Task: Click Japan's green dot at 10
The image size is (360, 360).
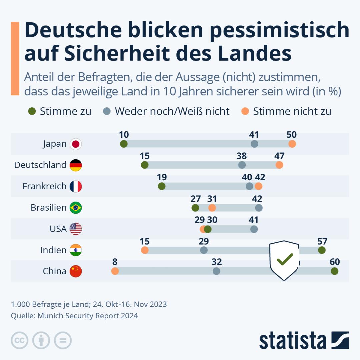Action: tap(124, 144)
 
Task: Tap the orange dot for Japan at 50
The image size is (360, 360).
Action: tap(292, 144)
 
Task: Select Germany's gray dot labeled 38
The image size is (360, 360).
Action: tap(242, 165)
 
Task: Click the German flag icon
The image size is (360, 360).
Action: tap(76, 165)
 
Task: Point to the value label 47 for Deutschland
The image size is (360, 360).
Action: tap(279, 156)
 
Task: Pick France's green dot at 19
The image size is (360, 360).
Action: tap(162, 186)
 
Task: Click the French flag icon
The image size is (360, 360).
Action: tap(76, 186)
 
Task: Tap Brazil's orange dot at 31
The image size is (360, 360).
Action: tap(212, 208)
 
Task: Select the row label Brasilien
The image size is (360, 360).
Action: tap(49, 208)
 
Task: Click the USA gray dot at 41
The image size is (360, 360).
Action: tap(254, 229)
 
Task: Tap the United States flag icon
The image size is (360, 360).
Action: tap(76, 229)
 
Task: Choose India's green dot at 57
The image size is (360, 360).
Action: tap(322, 250)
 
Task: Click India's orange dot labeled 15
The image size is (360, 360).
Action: tap(145, 250)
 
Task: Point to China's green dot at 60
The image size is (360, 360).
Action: tap(334, 271)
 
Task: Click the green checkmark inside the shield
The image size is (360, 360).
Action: tap(285, 259)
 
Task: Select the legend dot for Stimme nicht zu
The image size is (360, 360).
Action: tap(245, 111)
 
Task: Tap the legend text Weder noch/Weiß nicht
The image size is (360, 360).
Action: tap(172, 111)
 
